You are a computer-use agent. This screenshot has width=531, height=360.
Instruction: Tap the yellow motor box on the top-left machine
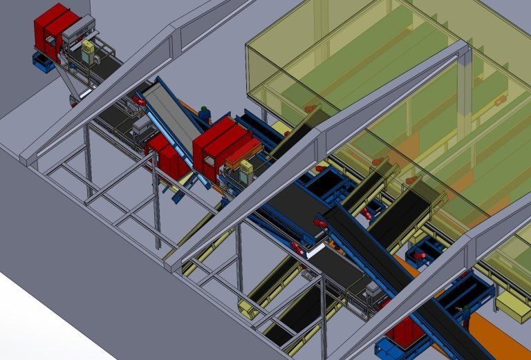(x=88, y=49)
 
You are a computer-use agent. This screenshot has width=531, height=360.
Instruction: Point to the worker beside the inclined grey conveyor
(x=204, y=113)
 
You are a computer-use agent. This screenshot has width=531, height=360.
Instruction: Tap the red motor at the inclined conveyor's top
(x=138, y=101)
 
